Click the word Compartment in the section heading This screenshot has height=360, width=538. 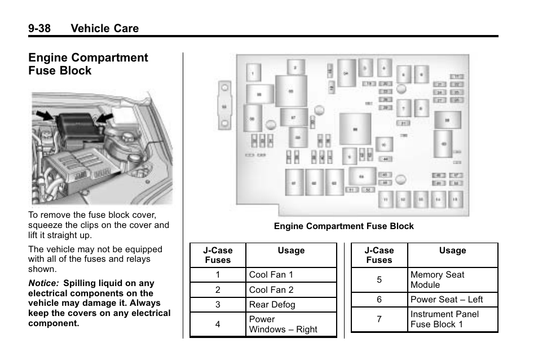pos(114,58)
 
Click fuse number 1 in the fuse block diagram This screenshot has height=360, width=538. pos(253,72)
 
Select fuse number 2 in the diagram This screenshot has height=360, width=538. pos(294,68)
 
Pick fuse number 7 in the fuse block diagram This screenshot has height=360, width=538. pos(404,107)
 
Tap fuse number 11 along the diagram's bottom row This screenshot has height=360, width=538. pos(386,199)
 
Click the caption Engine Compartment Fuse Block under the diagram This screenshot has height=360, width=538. pos(343,226)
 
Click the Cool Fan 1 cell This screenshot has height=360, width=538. pos(271,275)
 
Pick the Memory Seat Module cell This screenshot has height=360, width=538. pos(438,280)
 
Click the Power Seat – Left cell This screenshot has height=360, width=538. pos(447,300)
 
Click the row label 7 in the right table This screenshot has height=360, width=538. pos(379,319)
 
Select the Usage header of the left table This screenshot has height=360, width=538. pos(291,251)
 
